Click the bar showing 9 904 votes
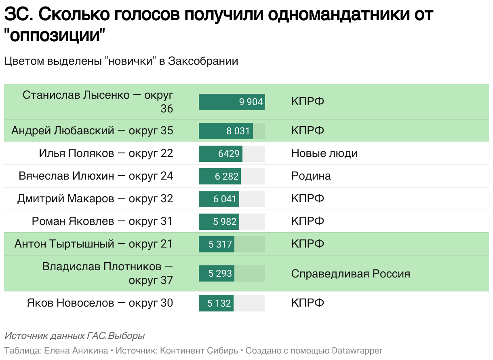click(x=232, y=102)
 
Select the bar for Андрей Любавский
click(x=226, y=131)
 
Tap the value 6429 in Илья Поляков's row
click(x=229, y=154)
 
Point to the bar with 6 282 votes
click(x=220, y=176)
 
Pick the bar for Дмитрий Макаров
click(x=219, y=199)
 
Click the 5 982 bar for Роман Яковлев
click(x=218, y=222)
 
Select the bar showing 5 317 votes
click(x=217, y=244)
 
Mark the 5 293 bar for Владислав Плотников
click(x=216, y=273)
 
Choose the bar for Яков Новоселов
click(x=216, y=303)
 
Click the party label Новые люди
click(x=324, y=154)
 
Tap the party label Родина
click(x=311, y=176)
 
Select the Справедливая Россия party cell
click(x=350, y=274)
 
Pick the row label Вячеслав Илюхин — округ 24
click(x=96, y=176)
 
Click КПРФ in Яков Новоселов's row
click(x=308, y=303)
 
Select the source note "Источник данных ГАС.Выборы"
click(x=74, y=336)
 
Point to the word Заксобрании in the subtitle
click(x=203, y=61)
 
